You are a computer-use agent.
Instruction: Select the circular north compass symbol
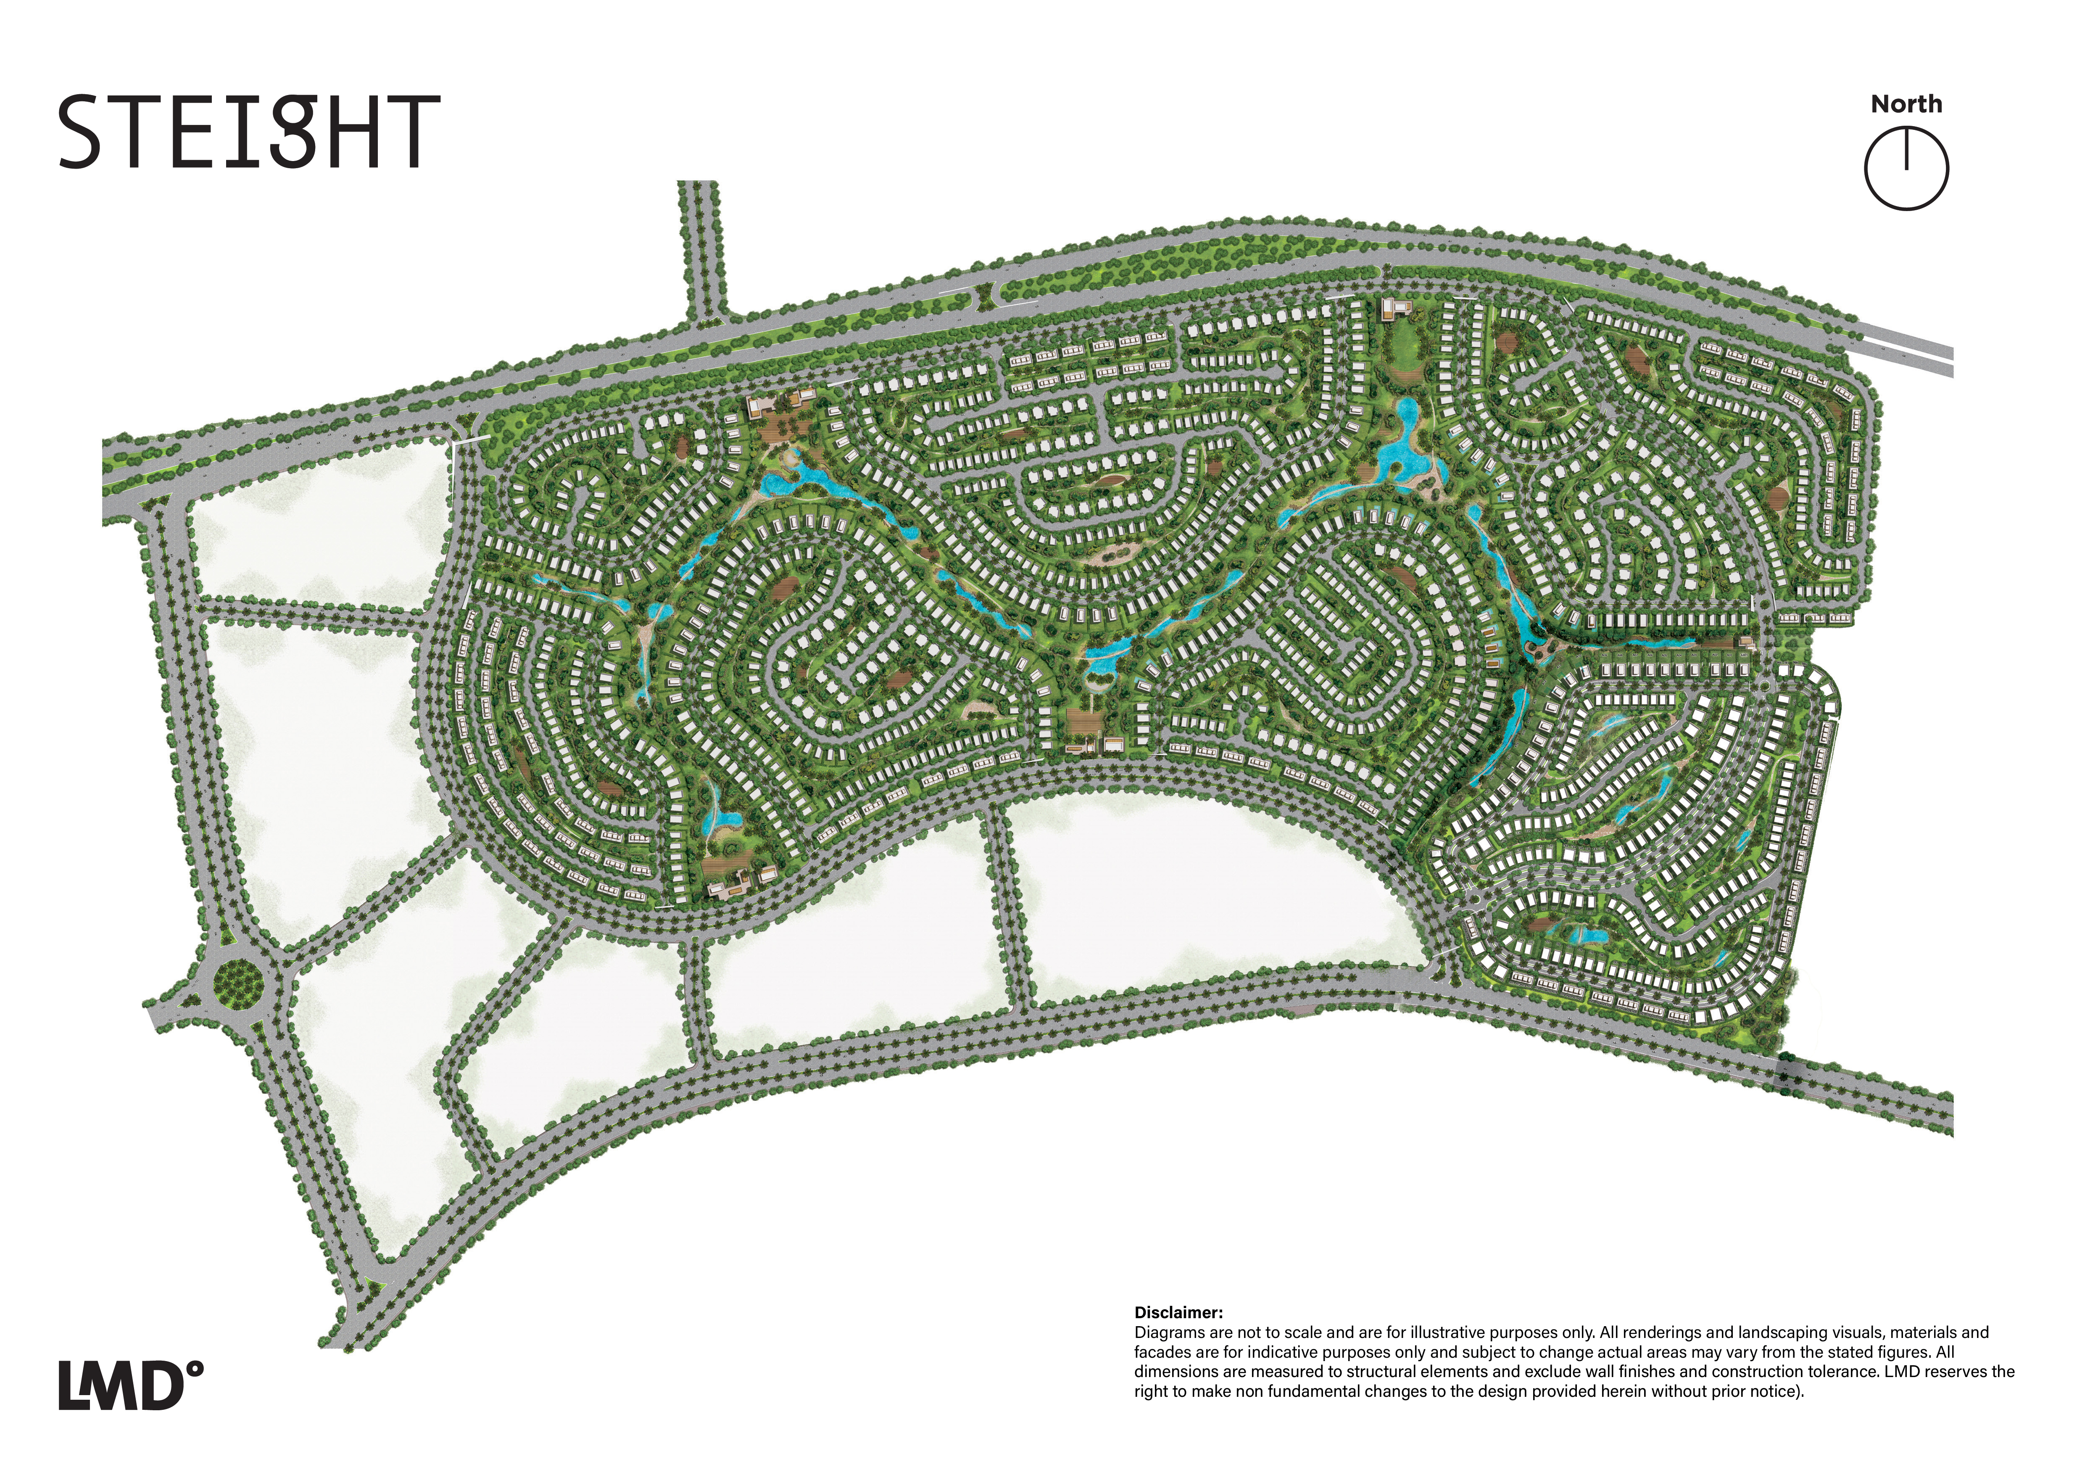[1906, 169]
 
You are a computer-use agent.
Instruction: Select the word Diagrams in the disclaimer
[1169, 1332]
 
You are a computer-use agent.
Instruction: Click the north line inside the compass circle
[1906, 150]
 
